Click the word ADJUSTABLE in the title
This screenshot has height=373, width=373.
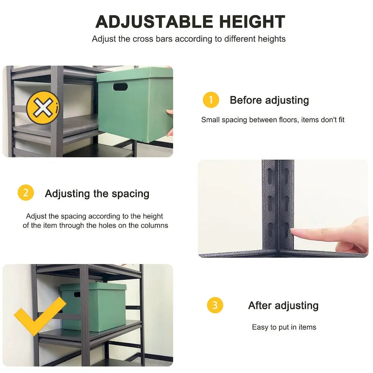[147, 22]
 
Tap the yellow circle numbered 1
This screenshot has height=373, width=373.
[211, 100]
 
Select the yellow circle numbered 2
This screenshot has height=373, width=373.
[26, 193]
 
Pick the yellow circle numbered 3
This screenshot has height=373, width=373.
[215, 305]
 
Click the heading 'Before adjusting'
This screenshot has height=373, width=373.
[269, 100]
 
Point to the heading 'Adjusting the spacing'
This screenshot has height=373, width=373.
[97, 193]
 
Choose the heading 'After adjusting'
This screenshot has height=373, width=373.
[283, 306]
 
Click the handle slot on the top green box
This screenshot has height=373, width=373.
[120, 87]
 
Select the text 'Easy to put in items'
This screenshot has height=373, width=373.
[284, 327]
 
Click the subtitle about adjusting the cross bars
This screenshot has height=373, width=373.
[189, 39]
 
